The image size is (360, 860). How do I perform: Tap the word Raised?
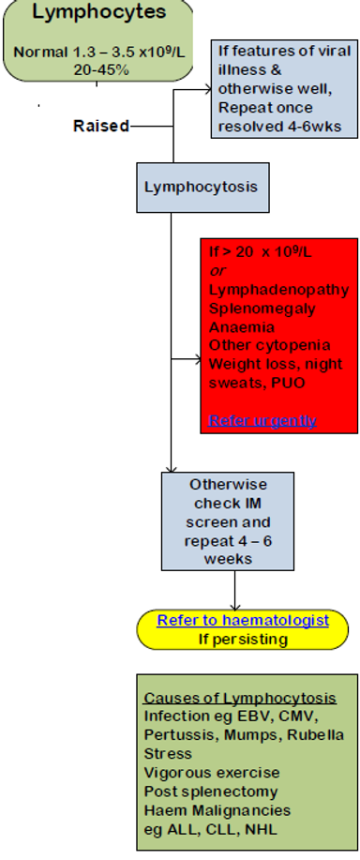pyautogui.click(x=100, y=126)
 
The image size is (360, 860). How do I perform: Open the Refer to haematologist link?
pyautogui.click(x=242, y=620)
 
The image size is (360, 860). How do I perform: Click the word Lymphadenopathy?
pyautogui.click(x=278, y=290)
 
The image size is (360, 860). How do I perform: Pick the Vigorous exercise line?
pyautogui.click(x=211, y=773)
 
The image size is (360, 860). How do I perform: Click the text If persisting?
pyautogui.click(x=242, y=639)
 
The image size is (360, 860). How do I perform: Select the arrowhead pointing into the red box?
pyautogui.click(x=194, y=357)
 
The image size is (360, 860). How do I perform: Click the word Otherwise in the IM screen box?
pyautogui.click(x=228, y=485)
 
